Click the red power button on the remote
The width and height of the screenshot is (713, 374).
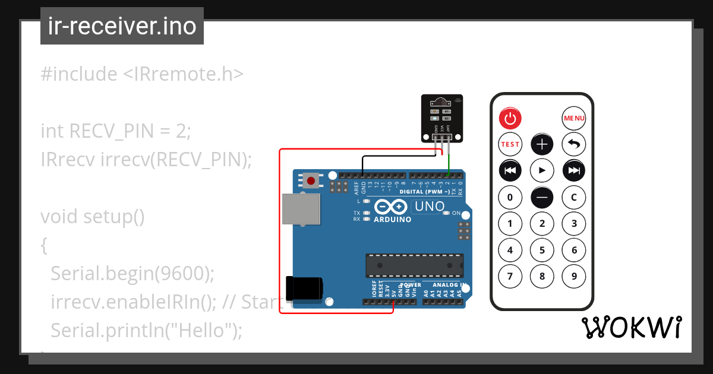(510, 119)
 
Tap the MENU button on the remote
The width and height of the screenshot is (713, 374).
(574, 119)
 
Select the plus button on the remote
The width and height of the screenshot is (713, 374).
(542, 144)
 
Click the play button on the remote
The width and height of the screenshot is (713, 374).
(542, 170)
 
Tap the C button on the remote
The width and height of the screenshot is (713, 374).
(574, 197)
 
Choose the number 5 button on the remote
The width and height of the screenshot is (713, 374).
(542, 250)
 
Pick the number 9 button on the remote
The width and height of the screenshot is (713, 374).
(574, 276)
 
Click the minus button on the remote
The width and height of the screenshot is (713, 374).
(542, 197)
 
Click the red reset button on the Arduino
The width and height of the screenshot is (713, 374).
(310, 180)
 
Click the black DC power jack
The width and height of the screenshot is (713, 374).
(304, 288)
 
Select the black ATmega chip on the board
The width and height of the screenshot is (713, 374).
(414, 265)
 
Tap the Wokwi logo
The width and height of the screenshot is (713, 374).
(632, 327)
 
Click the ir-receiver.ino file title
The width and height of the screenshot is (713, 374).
(122, 26)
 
